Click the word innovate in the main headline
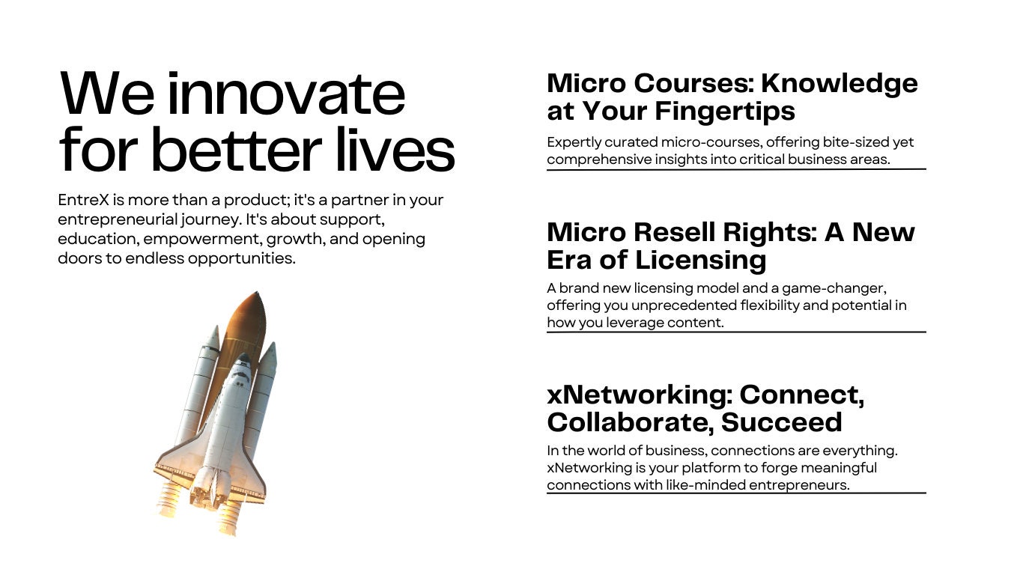(x=287, y=94)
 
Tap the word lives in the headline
(x=395, y=149)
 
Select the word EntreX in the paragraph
(x=84, y=200)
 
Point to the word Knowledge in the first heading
(x=840, y=85)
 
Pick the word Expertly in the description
(x=574, y=143)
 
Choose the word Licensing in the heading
(x=700, y=261)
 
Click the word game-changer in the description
(x=834, y=289)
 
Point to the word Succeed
(x=781, y=422)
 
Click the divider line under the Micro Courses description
(x=736, y=169)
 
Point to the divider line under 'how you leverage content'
(x=736, y=332)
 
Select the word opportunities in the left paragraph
(x=242, y=259)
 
